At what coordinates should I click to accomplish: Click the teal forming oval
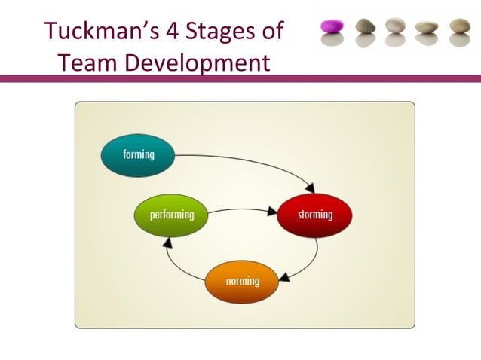(138, 155)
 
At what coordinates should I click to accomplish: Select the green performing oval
(171, 215)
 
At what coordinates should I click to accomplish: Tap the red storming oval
(314, 215)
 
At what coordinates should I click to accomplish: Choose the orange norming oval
(242, 281)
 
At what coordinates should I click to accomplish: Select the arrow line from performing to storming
(241, 210)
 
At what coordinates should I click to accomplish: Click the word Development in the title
(197, 63)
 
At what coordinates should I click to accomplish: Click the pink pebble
(332, 27)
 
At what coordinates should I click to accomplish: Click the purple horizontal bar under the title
(240, 78)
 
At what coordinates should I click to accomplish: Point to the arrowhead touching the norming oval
(284, 278)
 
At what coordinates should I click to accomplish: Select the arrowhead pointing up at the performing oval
(168, 243)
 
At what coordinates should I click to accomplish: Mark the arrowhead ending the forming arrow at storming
(310, 188)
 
